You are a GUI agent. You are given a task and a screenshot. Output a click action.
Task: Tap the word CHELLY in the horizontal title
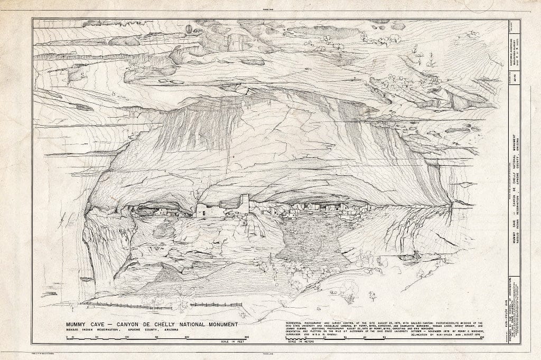pyautogui.click(x=167, y=324)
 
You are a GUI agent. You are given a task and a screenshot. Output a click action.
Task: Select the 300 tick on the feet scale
pyautogui.click(x=246, y=336)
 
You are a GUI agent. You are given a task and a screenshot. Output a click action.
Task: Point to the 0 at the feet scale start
pyautogui.click(x=67, y=336)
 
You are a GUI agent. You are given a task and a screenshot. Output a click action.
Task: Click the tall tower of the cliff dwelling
pyautogui.click(x=244, y=203)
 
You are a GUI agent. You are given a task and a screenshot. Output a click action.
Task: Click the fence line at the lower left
pyautogui.click(x=158, y=305)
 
